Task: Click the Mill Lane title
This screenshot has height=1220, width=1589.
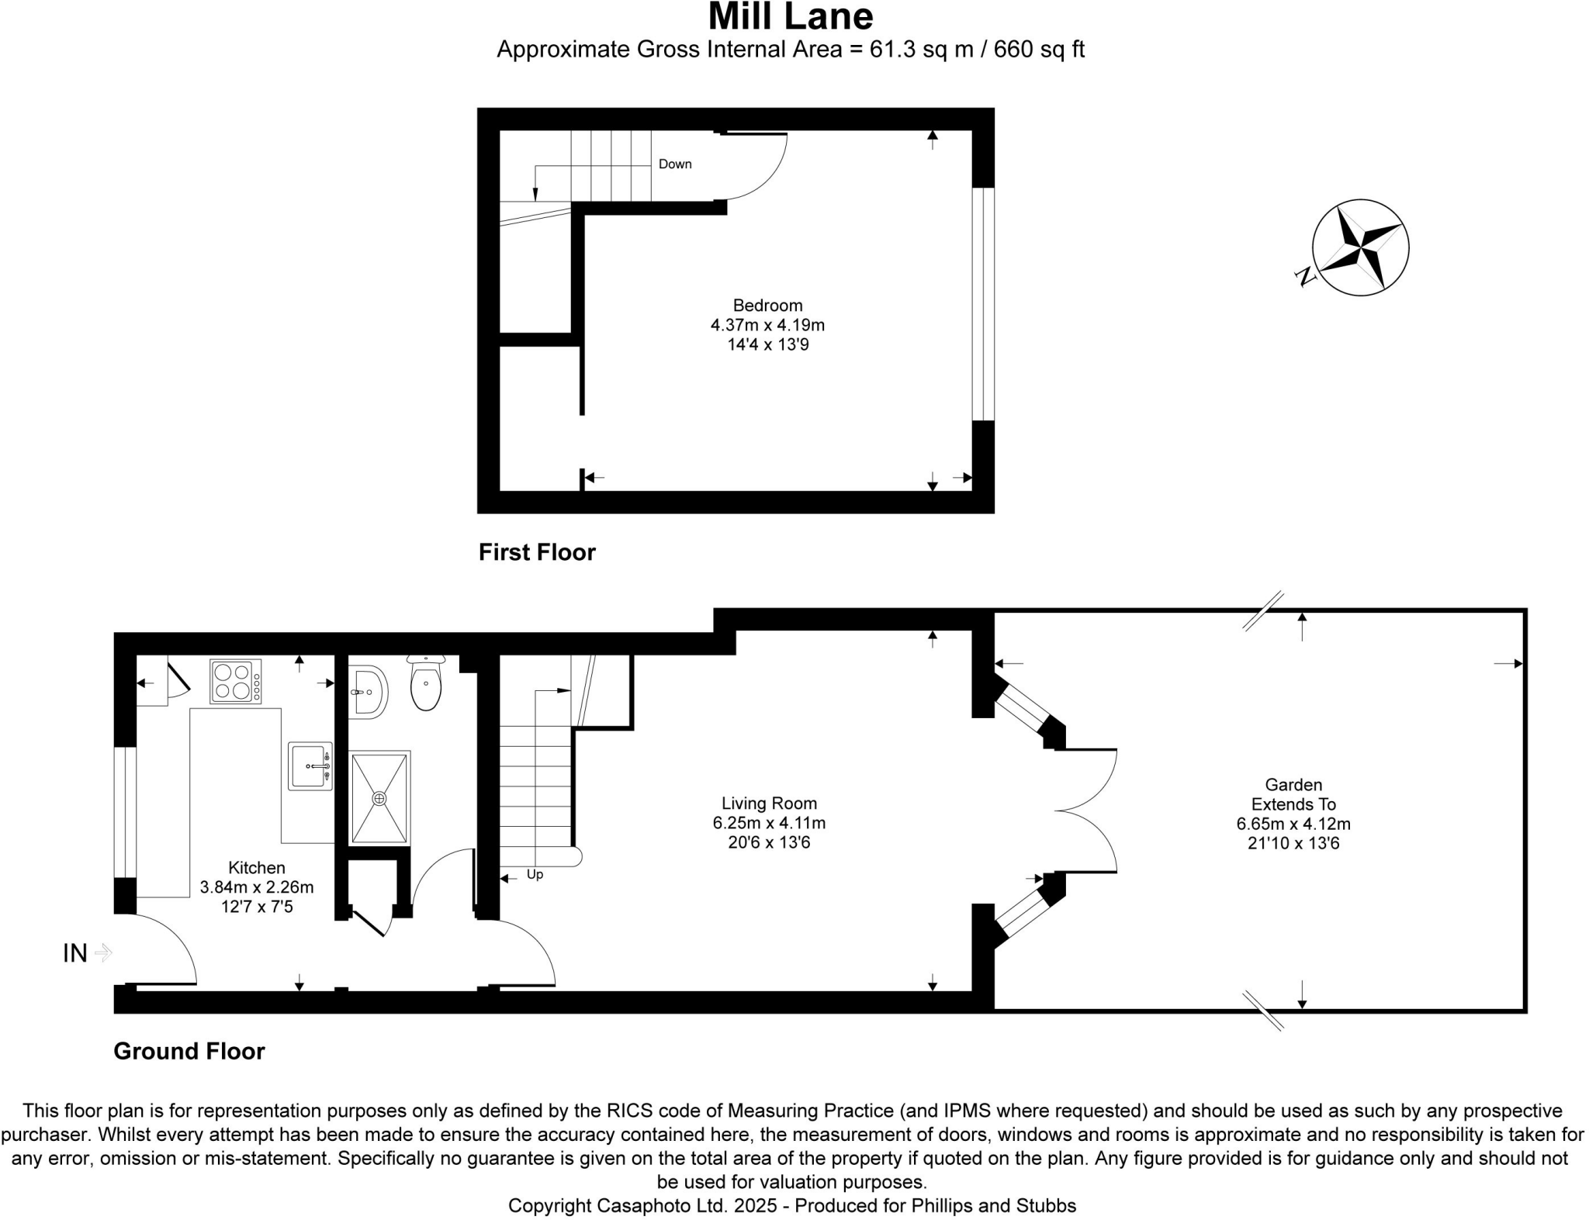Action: [x=790, y=17]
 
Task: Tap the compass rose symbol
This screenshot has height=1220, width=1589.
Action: [x=1360, y=248]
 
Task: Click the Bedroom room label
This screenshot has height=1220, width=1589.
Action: [x=767, y=306]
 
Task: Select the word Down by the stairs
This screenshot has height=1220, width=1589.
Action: [x=674, y=164]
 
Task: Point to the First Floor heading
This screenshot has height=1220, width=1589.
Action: [x=537, y=552]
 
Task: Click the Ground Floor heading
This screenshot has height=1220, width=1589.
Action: [x=189, y=1051]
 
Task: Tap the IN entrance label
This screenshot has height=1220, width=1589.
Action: [x=75, y=953]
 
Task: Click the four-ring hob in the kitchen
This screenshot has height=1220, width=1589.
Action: [x=235, y=682]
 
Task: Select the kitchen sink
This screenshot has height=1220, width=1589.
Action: [x=310, y=766]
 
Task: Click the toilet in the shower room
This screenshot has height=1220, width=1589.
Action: [x=426, y=685]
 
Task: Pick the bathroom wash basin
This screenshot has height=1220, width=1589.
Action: [x=367, y=691]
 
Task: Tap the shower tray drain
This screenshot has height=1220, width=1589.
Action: [x=379, y=798]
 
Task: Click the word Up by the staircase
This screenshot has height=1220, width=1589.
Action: [x=535, y=875]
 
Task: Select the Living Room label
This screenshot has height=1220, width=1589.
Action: [x=769, y=804]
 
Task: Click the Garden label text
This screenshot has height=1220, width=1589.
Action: [x=1293, y=785]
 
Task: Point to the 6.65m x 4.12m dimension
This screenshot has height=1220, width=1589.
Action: [x=1293, y=824]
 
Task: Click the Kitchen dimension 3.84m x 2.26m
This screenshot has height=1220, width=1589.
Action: [x=257, y=887]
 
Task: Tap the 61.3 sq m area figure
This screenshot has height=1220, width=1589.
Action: [x=921, y=50]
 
